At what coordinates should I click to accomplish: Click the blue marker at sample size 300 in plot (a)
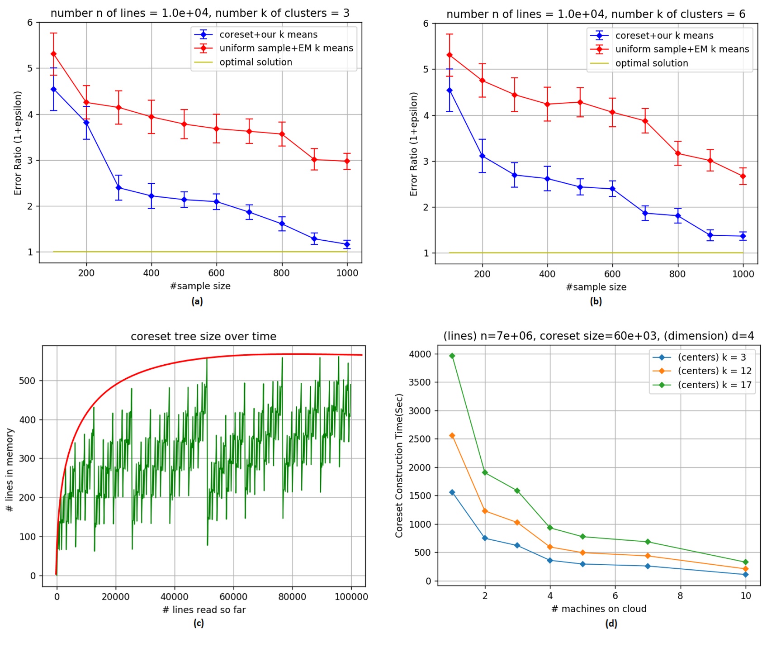119,187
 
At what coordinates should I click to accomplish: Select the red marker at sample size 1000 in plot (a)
347,161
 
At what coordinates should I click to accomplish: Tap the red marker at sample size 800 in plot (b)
678,153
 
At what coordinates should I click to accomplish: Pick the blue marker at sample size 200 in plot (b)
483,156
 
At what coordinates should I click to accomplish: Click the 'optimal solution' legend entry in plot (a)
256,62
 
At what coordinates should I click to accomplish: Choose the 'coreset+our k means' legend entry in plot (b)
664,36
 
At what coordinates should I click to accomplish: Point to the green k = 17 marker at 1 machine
452,356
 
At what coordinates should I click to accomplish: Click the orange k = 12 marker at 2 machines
485,511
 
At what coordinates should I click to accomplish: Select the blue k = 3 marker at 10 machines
746,575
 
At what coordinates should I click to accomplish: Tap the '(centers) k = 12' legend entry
714,371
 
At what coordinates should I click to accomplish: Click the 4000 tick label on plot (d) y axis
420,354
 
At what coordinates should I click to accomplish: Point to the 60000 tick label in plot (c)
233,597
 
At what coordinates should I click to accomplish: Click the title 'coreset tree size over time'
204,337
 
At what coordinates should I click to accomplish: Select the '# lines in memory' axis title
9,470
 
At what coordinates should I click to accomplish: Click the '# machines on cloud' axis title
599,609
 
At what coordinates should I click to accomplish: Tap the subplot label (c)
198,624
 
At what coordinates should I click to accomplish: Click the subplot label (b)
596,301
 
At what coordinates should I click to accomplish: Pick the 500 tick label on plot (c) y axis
27,381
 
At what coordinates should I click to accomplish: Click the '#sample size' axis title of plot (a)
200,286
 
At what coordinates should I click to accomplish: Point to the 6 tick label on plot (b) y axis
426,24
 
